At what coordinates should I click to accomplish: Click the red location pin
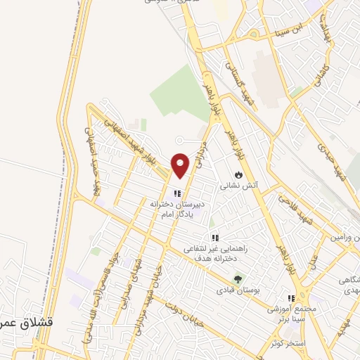[181, 165]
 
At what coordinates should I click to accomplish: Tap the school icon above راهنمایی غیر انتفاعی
[214, 238]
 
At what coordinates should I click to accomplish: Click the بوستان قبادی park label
[236, 290]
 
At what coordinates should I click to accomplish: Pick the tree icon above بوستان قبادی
[237, 278]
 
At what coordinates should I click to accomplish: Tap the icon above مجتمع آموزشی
[291, 299]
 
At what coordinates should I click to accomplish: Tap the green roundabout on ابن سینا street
[251, 34]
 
